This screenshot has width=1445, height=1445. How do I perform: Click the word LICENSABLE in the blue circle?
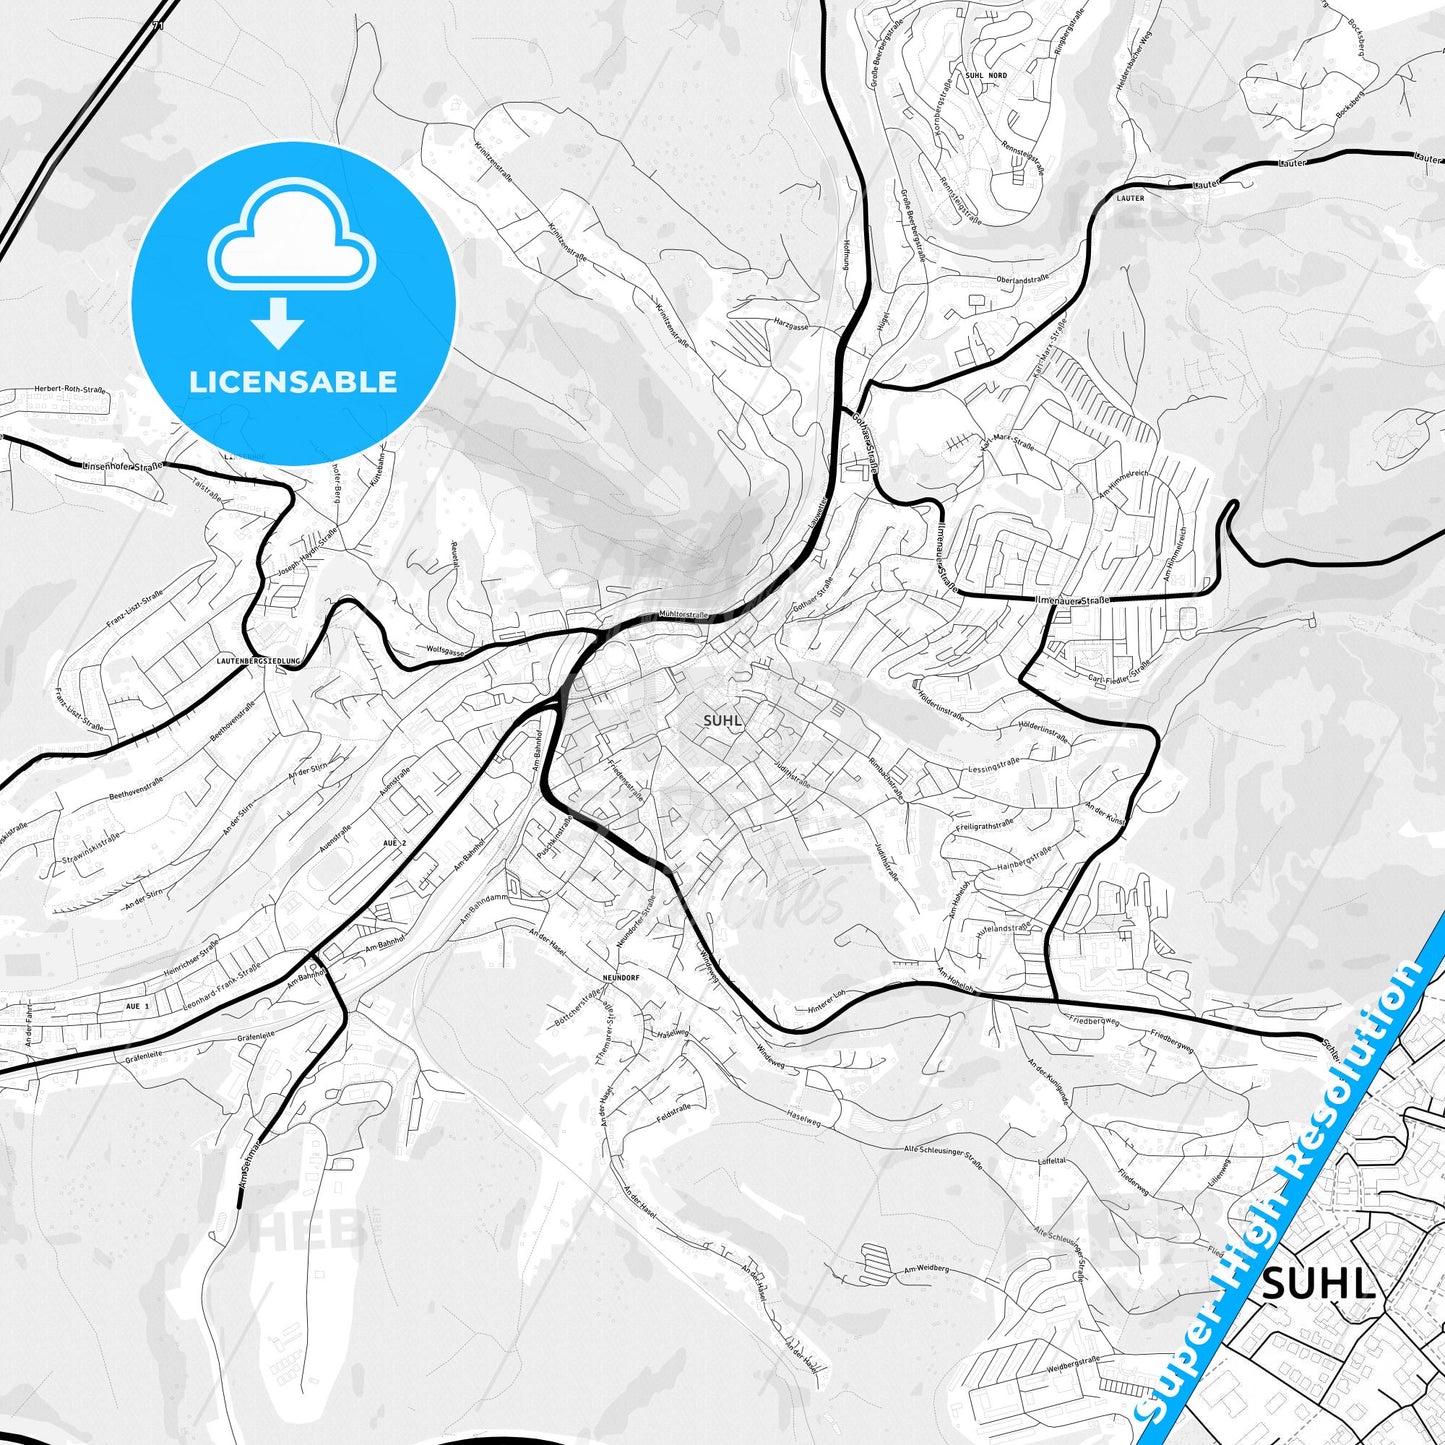coord(293,381)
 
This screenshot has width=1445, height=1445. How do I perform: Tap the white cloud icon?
coord(292,241)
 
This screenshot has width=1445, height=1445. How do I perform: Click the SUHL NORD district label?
coord(987,75)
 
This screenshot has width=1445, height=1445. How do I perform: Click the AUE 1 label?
coord(138,1005)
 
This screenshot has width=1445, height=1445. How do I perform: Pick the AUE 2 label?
coord(395,844)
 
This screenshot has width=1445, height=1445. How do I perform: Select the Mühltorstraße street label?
coord(684,615)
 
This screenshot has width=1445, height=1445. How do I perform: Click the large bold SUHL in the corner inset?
coord(1318,1285)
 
